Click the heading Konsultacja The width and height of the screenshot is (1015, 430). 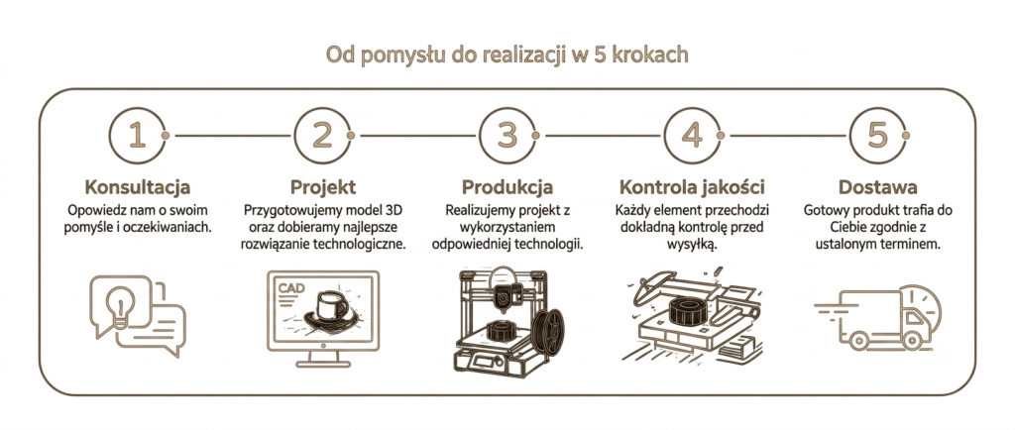click(x=137, y=187)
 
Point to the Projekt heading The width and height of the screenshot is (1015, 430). click(x=323, y=187)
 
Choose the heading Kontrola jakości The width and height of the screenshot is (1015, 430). click(x=692, y=187)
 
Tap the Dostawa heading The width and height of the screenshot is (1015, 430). click(x=878, y=187)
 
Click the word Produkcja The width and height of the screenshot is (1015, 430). click(x=507, y=187)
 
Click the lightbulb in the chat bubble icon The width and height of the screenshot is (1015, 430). click(x=121, y=307)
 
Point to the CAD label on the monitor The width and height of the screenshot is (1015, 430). click(x=290, y=287)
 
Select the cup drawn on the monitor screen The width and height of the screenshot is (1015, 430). click(x=331, y=306)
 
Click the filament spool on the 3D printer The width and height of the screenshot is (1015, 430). click(x=548, y=331)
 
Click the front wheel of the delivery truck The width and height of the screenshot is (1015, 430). click(x=912, y=340)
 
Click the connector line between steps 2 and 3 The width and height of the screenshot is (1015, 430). click(x=415, y=136)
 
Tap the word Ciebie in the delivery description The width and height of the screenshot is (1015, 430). click(x=848, y=228)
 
